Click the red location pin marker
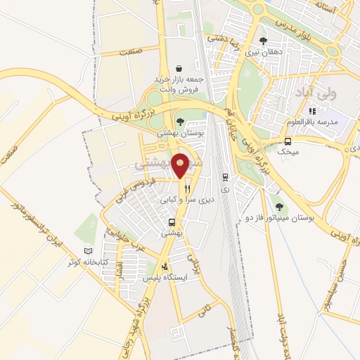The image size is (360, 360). [x=181, y=165]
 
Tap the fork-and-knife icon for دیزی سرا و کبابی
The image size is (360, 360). [x=187, y=188]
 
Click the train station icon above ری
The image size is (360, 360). [x=224, y=177]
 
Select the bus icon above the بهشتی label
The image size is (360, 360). [x=172, y=222]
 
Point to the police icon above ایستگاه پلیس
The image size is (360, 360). [x=165, y=267]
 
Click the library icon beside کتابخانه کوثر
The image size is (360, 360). [x=88, y=250]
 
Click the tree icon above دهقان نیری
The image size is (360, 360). [x=263, y=41]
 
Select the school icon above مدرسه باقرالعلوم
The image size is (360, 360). [x=312, y=111]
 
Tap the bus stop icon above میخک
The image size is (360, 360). [x=288, y=141]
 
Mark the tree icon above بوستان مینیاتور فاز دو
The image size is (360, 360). [x=280, y=207]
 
